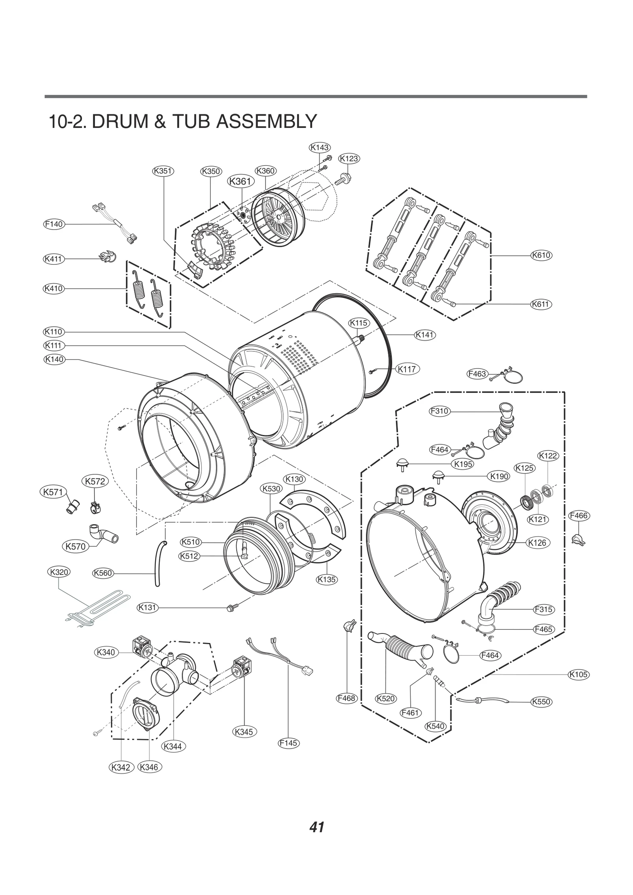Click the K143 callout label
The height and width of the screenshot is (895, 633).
tap(319, 148)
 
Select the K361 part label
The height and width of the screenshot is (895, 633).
tap(240, 181)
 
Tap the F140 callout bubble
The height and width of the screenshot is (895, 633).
tap(53, 224)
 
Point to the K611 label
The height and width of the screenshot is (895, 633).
tap(541, 304)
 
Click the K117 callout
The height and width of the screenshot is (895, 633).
tap(407, 369)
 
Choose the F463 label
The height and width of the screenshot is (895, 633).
tap(477, 374)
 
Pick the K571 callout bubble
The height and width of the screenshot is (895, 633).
tap(53, 492)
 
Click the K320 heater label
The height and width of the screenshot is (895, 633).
tap(59, 572)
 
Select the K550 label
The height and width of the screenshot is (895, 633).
tap(541, 702)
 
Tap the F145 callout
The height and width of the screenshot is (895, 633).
tap(288, 743)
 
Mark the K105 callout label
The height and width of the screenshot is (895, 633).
tap(578, 675)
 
